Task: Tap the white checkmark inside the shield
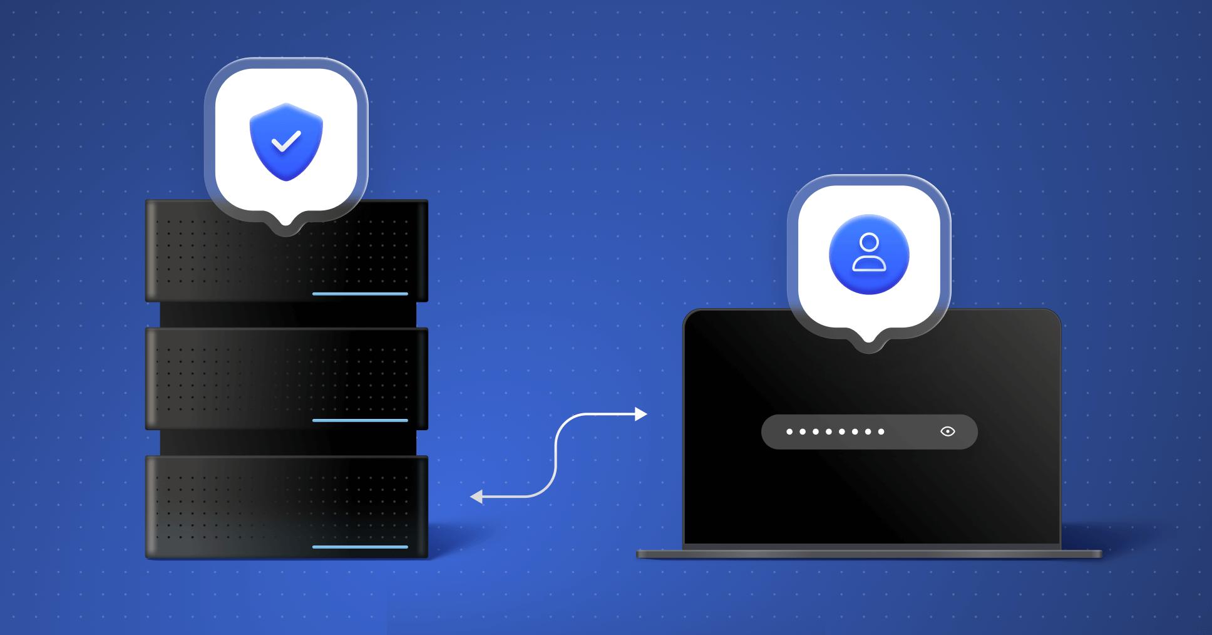[x=286, y=142]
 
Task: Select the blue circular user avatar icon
[x=869, y=254]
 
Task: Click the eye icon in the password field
[x=948, y=431]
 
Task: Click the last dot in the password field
[x=881, y=431]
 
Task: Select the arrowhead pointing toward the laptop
[x=640, y=414]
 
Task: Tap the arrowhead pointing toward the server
[x=476, y=497]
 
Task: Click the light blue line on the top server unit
[x=360, y=293]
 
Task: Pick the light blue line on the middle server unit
[x=360, y=420]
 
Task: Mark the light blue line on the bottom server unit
[x=360, y=547]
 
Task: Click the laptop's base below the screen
[x=869, y=554]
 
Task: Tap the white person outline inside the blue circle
[x=869, y=252]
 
